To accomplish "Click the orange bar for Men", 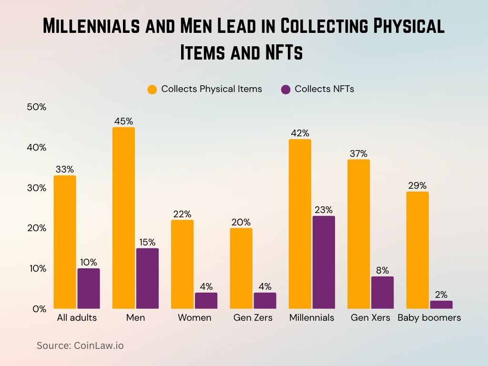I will click(123, 218).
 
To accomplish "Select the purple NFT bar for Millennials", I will click(324, 262).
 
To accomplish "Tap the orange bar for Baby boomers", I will click(417, 250).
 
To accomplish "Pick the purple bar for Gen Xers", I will click(382, 292).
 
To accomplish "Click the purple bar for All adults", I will click(89, 288).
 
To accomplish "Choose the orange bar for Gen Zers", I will click(241, 268).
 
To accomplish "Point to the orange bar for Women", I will click(182, 264).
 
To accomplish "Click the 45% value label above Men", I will click(123, 121).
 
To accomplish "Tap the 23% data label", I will click(324, 210).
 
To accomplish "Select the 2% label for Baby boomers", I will click(441, 295).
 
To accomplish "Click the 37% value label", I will click(358, 153).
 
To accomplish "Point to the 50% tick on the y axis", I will click(37, 107).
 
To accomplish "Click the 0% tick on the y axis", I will click(39, 309).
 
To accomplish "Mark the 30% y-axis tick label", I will click(37, 188).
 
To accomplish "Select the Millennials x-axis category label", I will click(312, 318).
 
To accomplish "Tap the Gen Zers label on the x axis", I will click(253, 318).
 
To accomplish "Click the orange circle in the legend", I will click(152, 89).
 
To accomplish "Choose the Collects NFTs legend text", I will click(324, 89).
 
